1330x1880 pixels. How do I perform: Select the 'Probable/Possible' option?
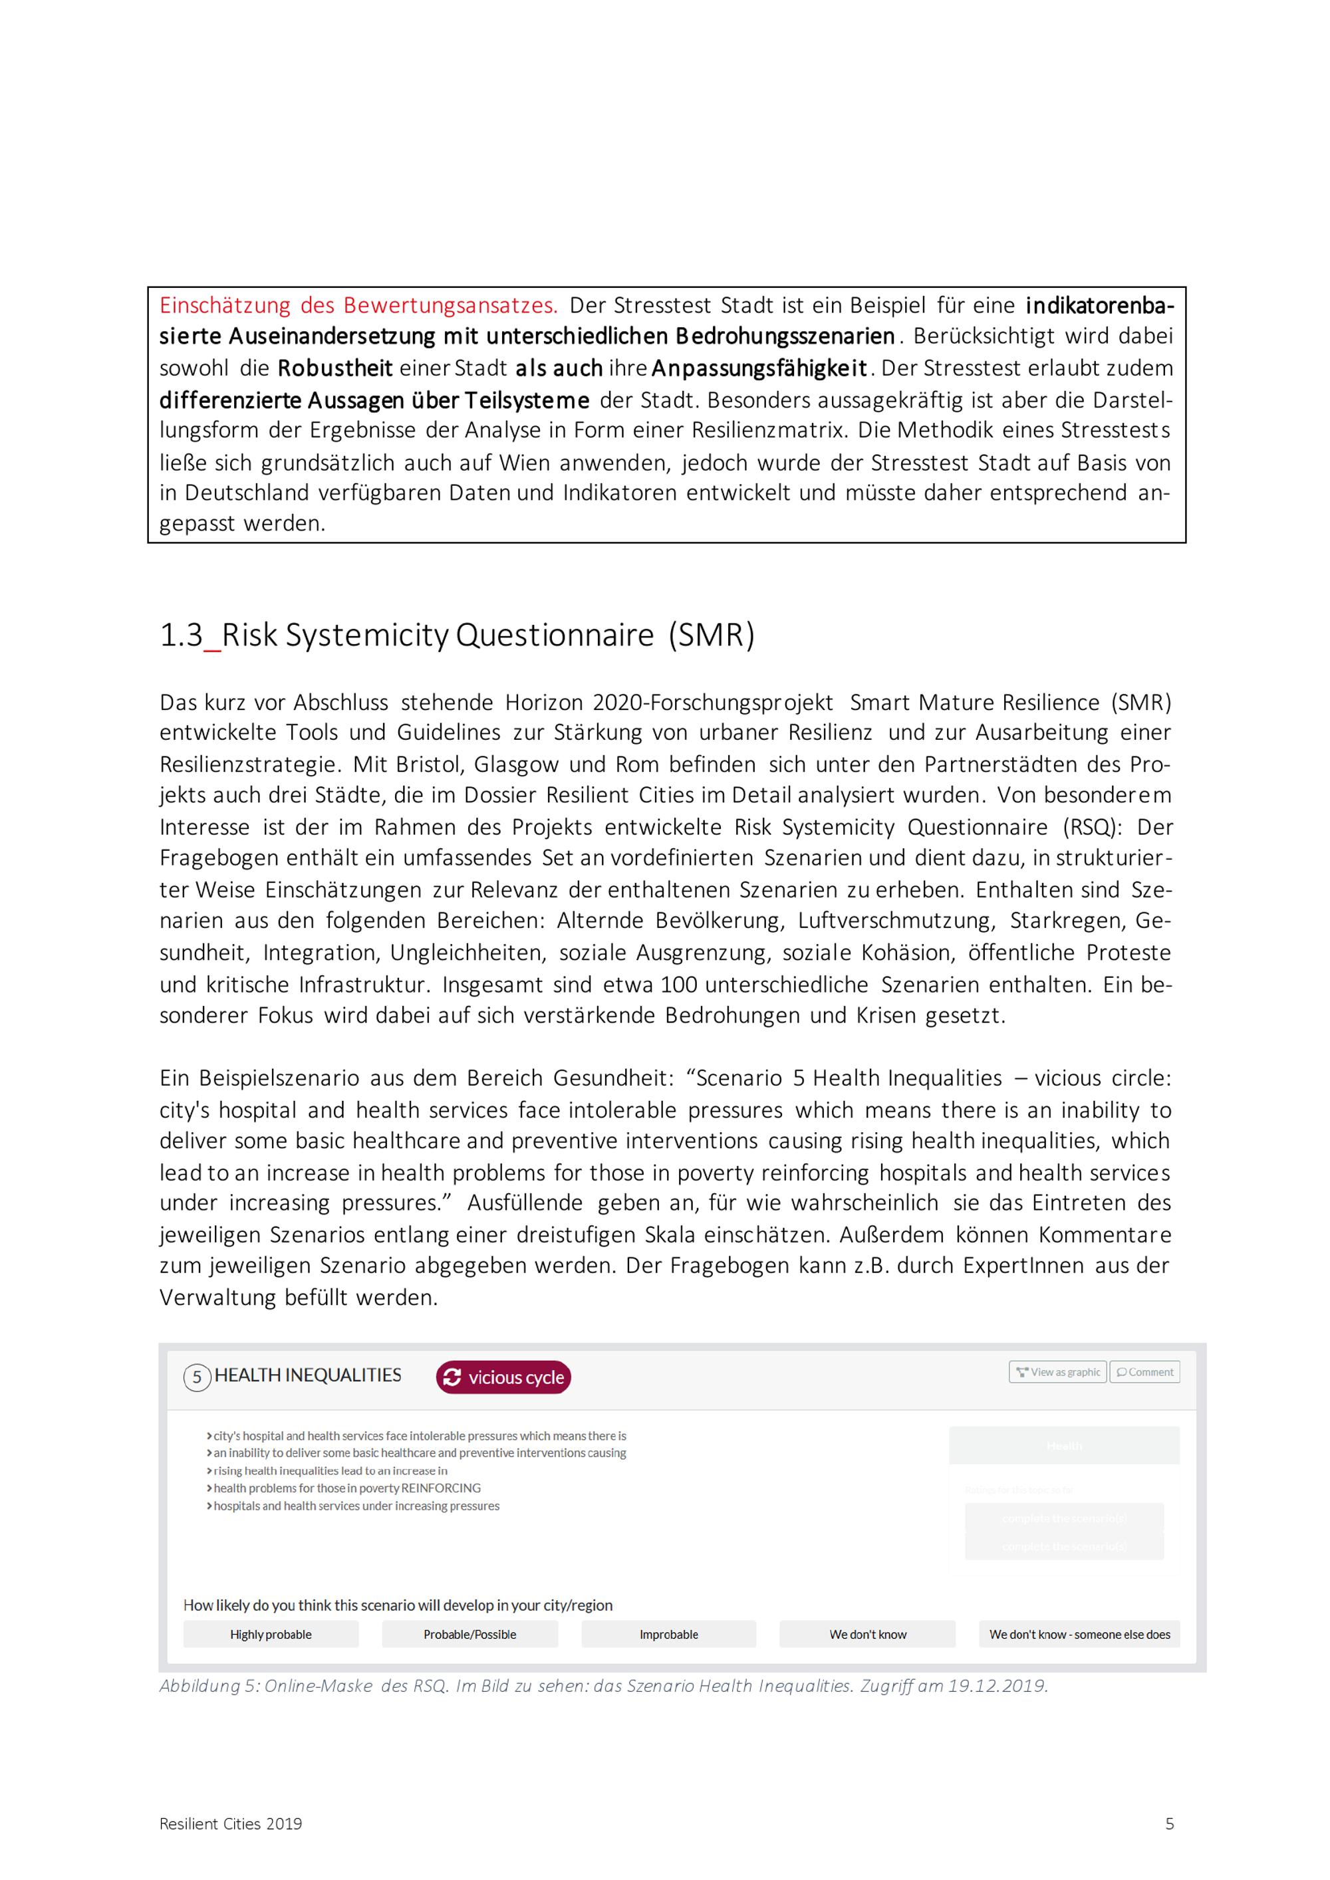tap(469, 1634)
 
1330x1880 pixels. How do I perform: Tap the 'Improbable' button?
tap(668, 1634)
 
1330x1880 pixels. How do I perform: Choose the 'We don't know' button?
tap(867, 1634)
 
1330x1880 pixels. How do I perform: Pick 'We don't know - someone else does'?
tap(1079, 1634)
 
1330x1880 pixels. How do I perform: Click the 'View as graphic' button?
tap(1057, 1371)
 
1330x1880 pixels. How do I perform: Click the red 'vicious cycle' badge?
tap(503, 1377)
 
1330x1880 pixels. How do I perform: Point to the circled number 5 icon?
tap(197, 1377)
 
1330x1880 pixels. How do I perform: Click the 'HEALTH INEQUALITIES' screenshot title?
tap(308, 1375)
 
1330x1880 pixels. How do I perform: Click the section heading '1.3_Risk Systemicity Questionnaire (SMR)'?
tap(456, 636)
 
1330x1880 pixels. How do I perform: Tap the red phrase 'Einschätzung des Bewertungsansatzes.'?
tap(358, 305)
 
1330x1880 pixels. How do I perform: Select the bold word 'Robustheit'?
tap(335, 368)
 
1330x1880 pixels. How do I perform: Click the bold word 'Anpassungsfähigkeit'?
tap(759, 368)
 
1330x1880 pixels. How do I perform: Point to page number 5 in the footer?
tap(1170, 1823)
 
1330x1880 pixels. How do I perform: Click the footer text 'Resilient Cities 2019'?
tap(230, 1824)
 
